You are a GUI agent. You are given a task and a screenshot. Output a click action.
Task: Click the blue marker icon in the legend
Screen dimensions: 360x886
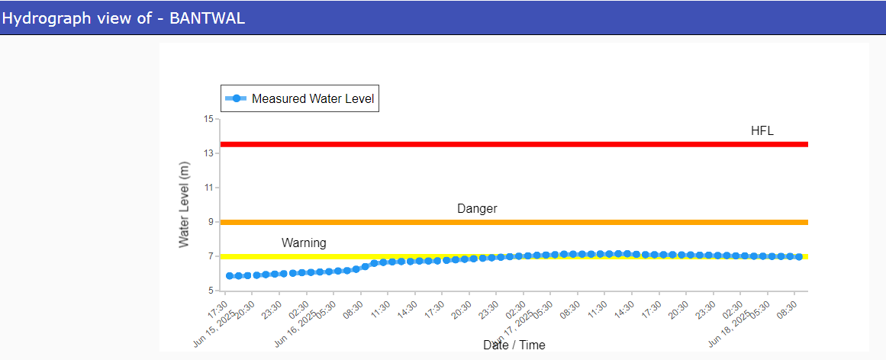pyautogui.click(x=237, y=98)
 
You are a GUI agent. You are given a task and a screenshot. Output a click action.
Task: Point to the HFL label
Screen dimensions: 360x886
pyautogui.click(x=762, y=131)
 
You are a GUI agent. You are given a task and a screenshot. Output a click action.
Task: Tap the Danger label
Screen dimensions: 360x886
pyautogui.click(x=477, y=209)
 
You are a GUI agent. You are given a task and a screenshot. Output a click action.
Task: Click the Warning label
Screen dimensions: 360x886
pyautogui.click(x=304, y=243)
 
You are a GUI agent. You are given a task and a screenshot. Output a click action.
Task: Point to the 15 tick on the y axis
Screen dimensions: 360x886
pyautogui.click(x=208, y=119)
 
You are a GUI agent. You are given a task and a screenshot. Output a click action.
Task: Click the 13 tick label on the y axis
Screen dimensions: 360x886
pyautogui.click(x=208, y=153)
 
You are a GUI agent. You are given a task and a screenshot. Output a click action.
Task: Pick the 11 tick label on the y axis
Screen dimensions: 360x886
pyautogui.click(x=208, y=188)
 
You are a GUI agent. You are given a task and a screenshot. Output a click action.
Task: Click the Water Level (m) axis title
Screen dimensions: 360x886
pyautogui.click(x=184, y=204)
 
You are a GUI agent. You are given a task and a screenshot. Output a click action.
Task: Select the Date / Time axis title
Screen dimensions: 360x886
pyautogui.click(x=514, y=346)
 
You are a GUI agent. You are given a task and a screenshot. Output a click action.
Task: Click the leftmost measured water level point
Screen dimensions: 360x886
pyautogui.click(x=230, y=276)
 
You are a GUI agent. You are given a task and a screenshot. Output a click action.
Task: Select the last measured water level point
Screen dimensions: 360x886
pyautogui.click(x=799, y=257)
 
